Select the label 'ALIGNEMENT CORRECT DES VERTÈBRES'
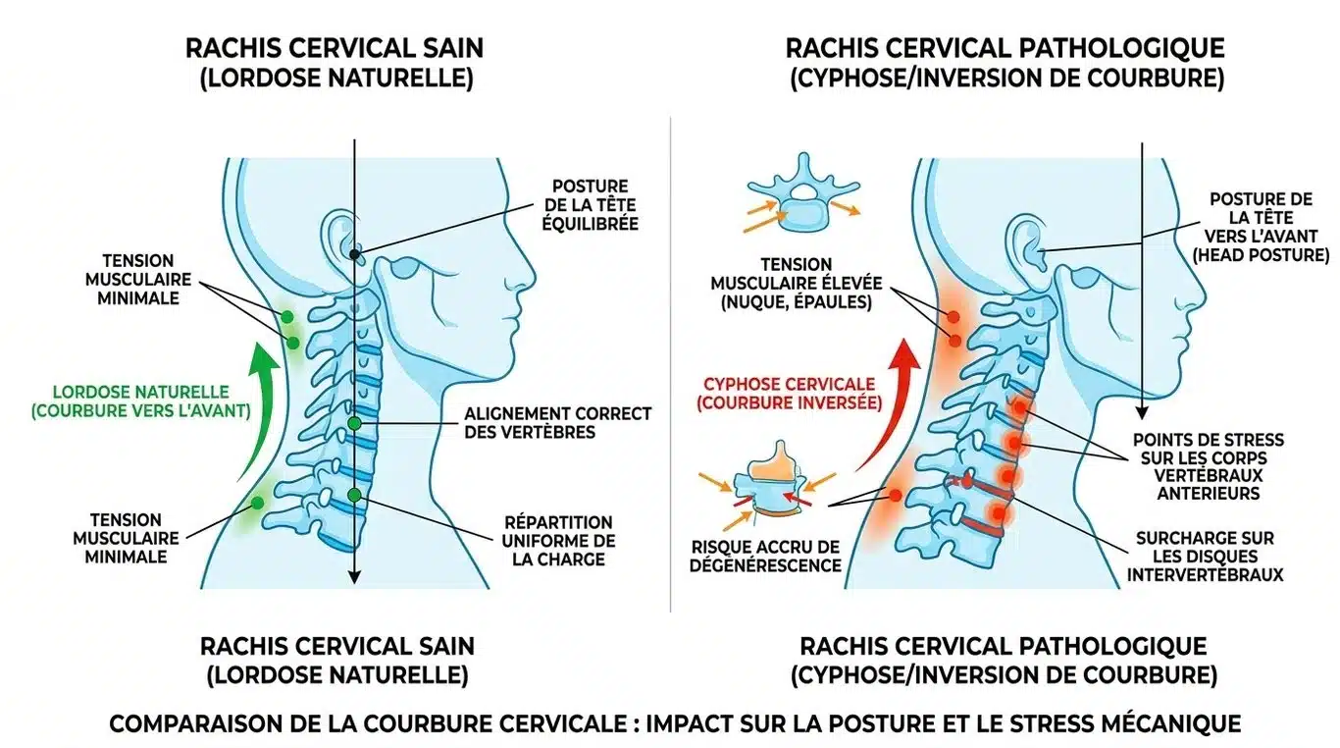coord(557,422)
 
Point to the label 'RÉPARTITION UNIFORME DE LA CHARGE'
coord(559,540)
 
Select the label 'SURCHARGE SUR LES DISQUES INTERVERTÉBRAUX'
coord(1206,557)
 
